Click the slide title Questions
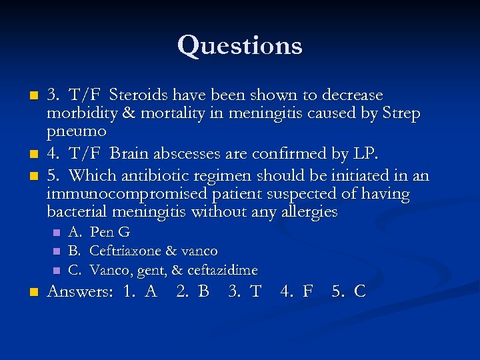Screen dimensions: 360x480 point(240,45)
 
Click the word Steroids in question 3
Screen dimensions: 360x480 point(138,95)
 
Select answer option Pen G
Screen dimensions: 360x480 point(109,233)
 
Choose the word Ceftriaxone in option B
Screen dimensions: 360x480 point(124,251)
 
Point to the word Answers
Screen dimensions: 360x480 point(79,292)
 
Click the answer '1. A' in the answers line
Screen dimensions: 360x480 point(140,292)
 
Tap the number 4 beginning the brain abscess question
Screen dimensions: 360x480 point(51,154)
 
